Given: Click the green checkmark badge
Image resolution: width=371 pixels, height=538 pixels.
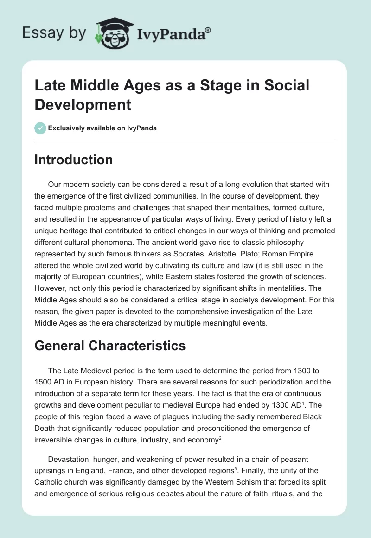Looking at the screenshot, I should [x=40, y=128].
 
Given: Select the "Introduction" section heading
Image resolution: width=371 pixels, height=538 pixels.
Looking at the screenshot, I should [x=74, y=160].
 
